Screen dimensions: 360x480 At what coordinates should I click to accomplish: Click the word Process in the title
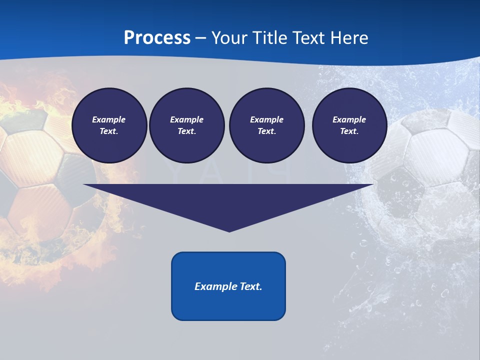click(157, 37)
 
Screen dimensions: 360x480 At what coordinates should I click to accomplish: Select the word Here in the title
click(349, 37)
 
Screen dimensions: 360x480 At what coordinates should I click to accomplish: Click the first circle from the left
click(109, 125)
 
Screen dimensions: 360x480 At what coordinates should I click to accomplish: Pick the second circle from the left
click(187, 125)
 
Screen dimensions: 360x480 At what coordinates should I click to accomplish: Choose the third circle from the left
click(266, 125)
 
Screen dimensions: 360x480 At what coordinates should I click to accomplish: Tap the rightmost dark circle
click(349, 125)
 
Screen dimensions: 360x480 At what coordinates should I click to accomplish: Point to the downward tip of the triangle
click(229, 230)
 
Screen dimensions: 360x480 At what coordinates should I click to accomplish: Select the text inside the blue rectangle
click(228, 286)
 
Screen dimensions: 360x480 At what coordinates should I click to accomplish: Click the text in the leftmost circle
click(109, 125)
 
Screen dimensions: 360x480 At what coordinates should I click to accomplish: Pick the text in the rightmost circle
click(349, 125)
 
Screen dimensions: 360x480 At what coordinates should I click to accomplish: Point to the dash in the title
click(201, 38)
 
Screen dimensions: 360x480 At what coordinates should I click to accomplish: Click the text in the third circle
click(266, 125)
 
